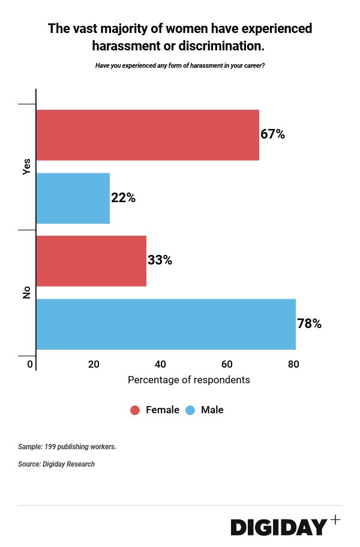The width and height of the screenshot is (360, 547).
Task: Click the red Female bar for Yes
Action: tap(148, 135)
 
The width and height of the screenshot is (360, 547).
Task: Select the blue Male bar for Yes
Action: tap(73, 198)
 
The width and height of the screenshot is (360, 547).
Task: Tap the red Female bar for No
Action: tap(91, 261)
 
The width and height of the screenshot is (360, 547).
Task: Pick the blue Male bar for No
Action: tap(166, 324)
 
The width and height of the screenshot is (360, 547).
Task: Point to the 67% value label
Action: tap(272, 134)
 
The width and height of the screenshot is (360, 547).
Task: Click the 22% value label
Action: tap(124, 198)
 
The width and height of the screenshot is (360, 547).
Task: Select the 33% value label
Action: tap(160, 261)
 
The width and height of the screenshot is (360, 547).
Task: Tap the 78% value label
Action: tap(310, 324)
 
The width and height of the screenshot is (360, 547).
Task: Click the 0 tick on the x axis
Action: tap(30, 364)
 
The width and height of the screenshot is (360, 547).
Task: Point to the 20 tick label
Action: tap(94, 364)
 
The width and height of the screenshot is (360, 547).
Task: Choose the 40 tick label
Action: tap(160, 364)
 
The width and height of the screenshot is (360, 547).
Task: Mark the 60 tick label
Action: tap(227, 364)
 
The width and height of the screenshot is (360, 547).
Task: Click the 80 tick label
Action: tap(293, 364)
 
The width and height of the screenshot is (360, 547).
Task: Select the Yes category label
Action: tap(26, 167)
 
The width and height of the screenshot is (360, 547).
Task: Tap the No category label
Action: tap(26, 293)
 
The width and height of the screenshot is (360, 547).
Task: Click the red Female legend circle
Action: tap(135, 410)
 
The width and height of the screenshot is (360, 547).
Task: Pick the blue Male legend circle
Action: tap(190, 410)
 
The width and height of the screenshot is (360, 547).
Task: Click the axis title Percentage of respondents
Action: tap(189, 380)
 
